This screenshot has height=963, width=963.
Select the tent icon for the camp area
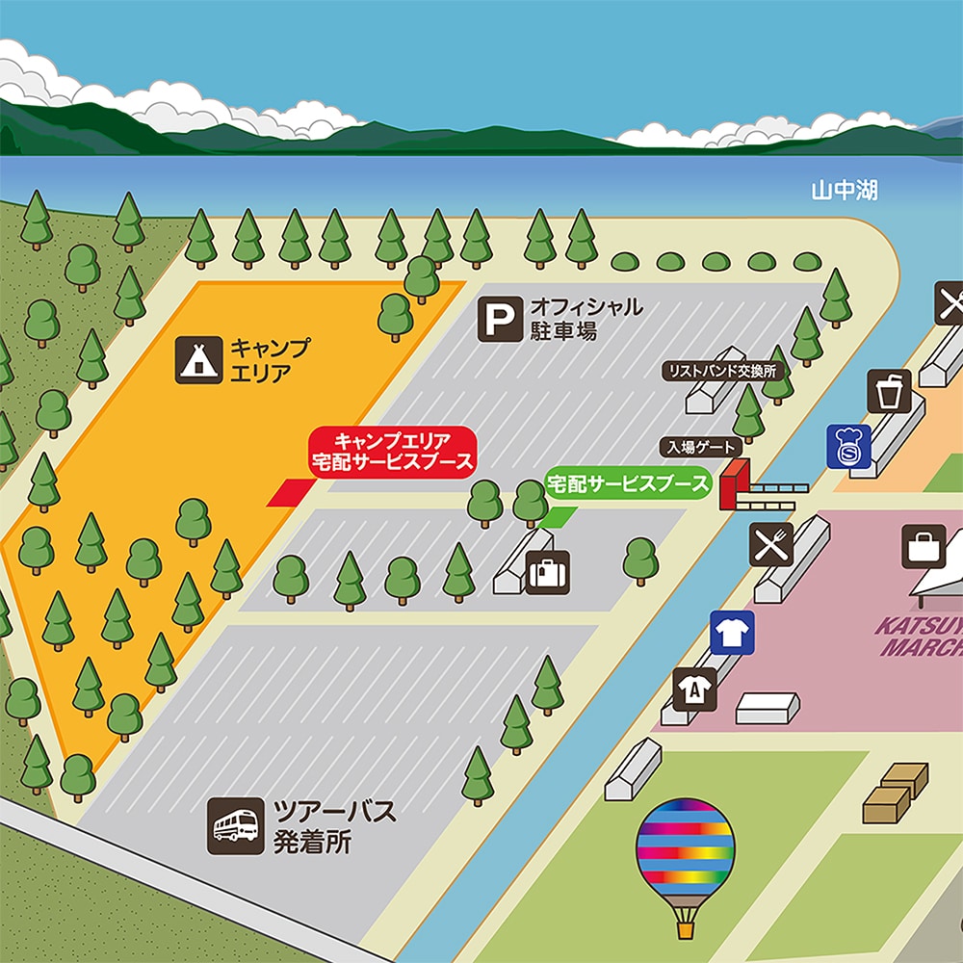(x=195, y=359)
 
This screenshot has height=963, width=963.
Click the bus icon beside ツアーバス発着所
(x=235, y=826)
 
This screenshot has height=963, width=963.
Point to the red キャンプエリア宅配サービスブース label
(x=392, y=451)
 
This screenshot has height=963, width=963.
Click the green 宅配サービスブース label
(x=627, y=484)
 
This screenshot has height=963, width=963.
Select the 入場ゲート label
(x=701, y=447)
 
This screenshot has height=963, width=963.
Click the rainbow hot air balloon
(x=685, y=851)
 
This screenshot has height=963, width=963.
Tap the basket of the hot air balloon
(x=685, y=929)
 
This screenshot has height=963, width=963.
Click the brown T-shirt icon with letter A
(x=694, y=690)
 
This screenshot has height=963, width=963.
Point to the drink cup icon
(x=888, y=391)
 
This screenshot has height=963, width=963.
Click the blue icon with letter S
(x=848, y=448)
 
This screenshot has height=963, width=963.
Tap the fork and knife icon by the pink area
(x=770, y=544)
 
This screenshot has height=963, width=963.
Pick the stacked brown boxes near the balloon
(x=895, y=792)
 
